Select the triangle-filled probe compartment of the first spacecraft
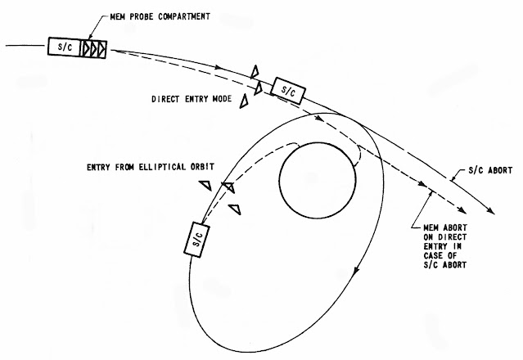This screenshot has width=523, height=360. tap(94, 48)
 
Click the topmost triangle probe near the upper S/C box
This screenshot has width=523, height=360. tap(256, 70)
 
